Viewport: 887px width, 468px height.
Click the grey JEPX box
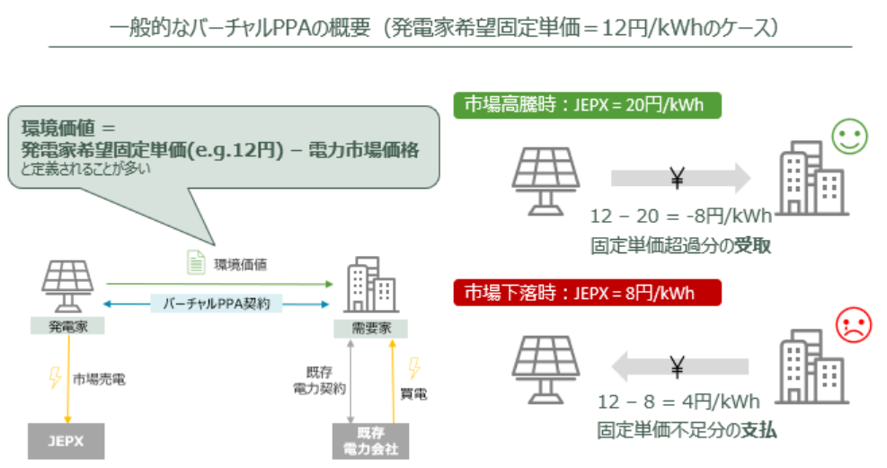pos(66,441)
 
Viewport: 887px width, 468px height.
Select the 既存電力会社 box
pos(370,441)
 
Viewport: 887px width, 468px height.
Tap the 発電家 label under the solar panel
pos(67,326)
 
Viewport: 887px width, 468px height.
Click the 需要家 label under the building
pos(369,327)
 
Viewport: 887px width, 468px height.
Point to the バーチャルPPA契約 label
pos(216,304)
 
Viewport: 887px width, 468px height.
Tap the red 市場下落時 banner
pos(588,294)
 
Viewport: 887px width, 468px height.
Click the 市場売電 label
pos(99,379)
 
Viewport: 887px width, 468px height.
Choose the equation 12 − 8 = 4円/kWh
pos(675,401)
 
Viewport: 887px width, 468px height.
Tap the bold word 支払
pos(760,430)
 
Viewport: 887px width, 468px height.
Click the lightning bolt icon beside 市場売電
pos(56,377)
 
